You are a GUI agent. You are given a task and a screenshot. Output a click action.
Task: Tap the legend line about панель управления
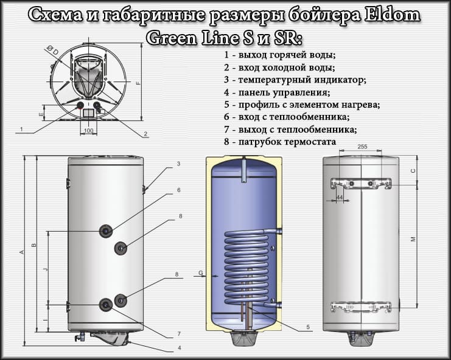277,92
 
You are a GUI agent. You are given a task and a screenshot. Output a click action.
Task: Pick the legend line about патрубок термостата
279,142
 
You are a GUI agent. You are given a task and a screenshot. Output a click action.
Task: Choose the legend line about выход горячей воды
279,55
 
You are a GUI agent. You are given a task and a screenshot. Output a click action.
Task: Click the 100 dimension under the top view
88,131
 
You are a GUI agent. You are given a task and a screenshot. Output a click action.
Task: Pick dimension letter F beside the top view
138,83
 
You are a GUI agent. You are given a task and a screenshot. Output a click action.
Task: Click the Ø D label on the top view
55,52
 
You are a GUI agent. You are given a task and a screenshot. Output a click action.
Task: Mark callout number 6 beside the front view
178,190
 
